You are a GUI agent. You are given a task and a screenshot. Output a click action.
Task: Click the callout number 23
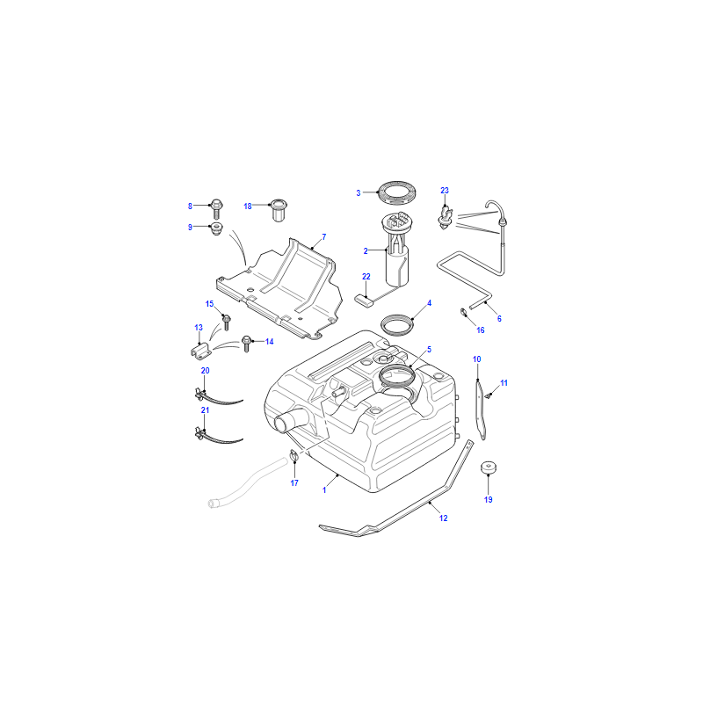click(445, 191)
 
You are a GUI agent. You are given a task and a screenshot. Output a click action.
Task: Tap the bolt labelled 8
click(216, 208)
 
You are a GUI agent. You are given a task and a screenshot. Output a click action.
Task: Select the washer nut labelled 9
click(216, 228)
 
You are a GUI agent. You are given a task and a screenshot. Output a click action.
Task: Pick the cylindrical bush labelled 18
click(279, 210)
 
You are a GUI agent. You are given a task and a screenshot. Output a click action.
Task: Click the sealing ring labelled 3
click(398, 192)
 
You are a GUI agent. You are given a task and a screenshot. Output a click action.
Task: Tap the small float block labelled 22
click(364, 300)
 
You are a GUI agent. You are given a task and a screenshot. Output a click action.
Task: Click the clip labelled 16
click(463, 312)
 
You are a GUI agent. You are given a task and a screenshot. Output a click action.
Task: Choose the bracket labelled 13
click(201, 350)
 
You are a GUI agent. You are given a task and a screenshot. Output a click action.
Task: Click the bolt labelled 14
click(246, 343)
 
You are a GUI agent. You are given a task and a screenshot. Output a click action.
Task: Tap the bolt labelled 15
click(227, 322)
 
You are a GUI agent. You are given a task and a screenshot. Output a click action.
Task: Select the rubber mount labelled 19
click(489, 467)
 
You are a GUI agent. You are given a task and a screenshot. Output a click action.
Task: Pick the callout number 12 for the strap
click(444, 518)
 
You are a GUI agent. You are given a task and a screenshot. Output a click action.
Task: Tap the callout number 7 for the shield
click(324, 236)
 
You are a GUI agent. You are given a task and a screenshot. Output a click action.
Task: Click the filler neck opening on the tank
click(282, 424)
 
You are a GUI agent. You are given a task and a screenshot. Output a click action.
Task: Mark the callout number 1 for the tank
click(324, 490)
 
